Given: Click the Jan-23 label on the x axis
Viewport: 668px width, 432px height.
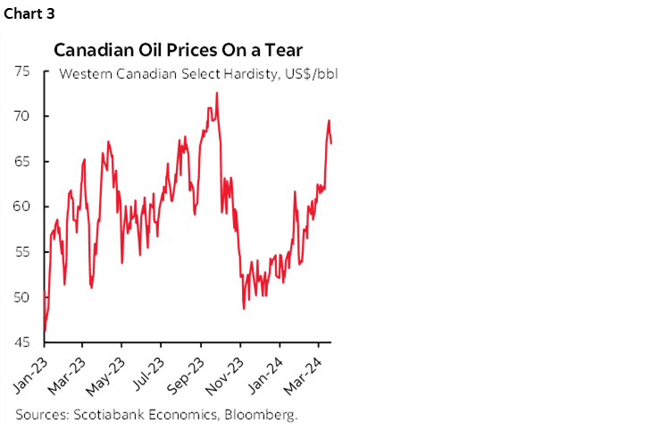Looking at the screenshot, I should (31, 372).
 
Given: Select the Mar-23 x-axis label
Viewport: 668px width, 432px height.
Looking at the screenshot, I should (71, 372).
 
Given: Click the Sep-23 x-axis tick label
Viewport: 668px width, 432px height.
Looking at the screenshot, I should (188, 372).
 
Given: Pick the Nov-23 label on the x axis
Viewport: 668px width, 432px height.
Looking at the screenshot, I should (228, 372).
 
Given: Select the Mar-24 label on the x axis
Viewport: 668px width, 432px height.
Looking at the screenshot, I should (306, 372).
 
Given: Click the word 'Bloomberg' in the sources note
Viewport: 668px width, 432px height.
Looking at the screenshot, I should (263, 415).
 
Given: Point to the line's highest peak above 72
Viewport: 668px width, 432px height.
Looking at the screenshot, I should (216, 93).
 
